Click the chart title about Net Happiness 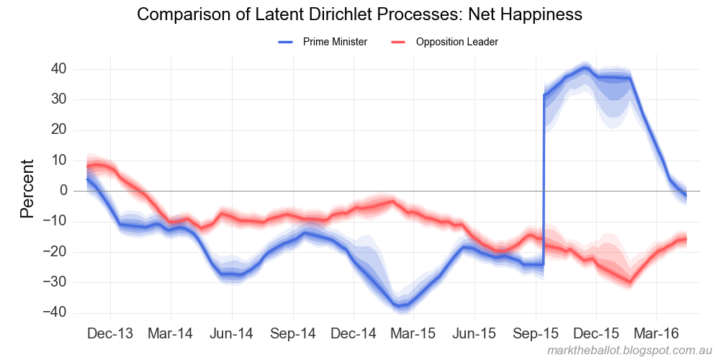click(359, 14)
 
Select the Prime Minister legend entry click(335, 42)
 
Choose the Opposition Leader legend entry click(456, 42)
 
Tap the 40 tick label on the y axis click(58, 69)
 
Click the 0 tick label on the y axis click(63, 191)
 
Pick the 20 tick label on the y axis click(58, 130)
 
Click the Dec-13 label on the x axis click(110, 334)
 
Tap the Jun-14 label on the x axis click(232, 334)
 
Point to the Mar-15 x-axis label click(414, 334)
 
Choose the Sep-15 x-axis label click(536, 334)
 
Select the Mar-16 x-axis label click(657, 334)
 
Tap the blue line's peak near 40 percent click(585, 69)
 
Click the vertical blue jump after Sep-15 click(544, 180)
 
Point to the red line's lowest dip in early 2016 click(630, 282)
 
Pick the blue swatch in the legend click(287, 42)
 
